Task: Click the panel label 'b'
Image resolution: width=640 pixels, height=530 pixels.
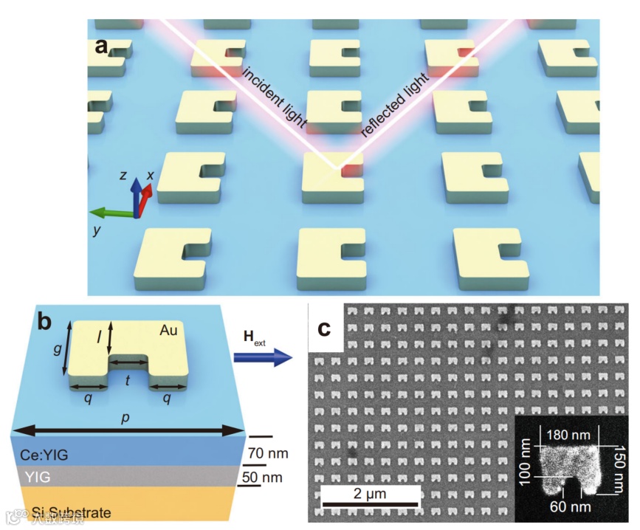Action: tap(44, 322)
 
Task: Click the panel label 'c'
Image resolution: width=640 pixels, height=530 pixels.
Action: tap(323, 328)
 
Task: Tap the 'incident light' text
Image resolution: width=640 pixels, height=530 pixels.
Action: tap(275, 97)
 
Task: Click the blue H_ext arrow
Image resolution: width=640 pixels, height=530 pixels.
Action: tap(263, 358)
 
